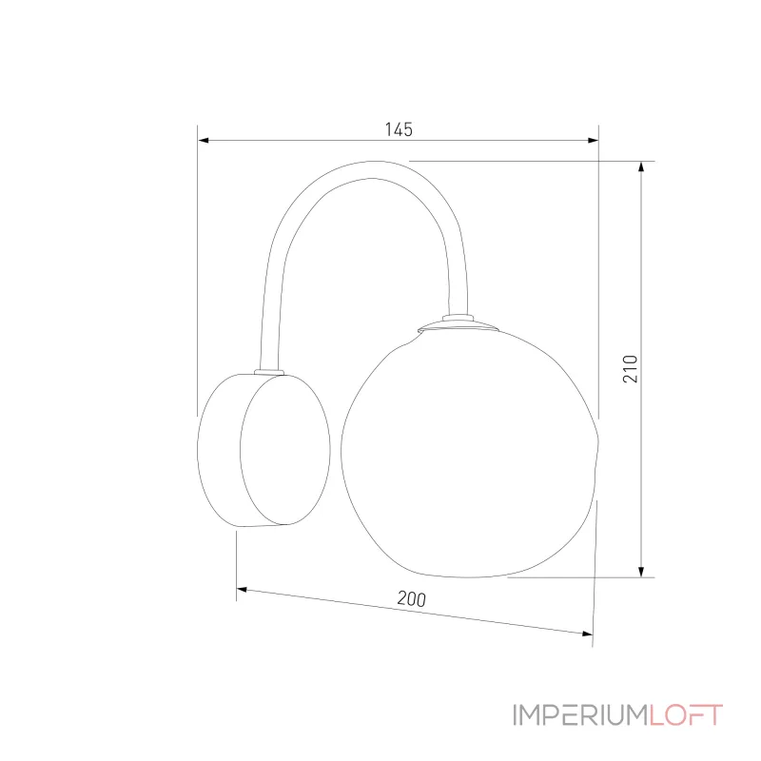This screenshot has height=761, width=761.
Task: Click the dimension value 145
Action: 399,129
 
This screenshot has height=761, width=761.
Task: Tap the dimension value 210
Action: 630,369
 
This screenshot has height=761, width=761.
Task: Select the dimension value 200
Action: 412,599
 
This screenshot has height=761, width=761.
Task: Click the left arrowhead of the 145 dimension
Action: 204,140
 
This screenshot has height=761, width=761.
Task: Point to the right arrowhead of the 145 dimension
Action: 593,140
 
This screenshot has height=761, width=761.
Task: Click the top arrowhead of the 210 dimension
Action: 641,166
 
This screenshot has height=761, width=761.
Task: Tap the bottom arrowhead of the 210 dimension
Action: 641,572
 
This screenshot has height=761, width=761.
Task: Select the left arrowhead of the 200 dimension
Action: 242,590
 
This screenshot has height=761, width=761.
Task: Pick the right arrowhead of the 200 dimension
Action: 587,633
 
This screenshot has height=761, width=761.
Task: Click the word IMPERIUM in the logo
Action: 580,715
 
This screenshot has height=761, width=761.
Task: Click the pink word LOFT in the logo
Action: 686,715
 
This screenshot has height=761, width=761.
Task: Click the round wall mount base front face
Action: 285,449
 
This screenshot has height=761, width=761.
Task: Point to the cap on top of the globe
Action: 459,326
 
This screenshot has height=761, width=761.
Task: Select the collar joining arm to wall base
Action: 269,372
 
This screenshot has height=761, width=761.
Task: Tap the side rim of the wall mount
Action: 219,450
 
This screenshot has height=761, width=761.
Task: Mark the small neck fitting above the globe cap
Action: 458,318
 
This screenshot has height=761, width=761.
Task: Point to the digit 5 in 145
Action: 408,129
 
